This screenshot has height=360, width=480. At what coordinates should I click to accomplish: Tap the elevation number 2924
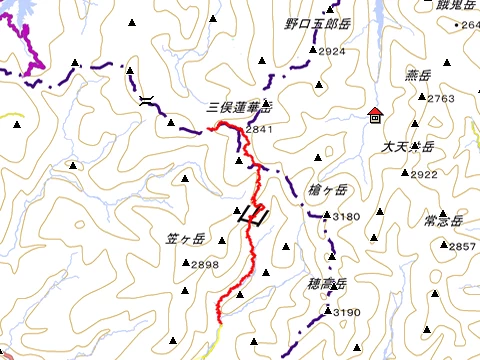(x=333, y=51)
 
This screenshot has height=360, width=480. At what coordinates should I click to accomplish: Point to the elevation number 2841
(x=258, y=129)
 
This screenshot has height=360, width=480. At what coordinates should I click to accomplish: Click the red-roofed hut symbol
(x=374, y=114)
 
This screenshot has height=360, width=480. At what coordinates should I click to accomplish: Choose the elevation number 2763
(x=441, y=98)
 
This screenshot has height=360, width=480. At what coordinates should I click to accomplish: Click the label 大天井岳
(x=407, y=147)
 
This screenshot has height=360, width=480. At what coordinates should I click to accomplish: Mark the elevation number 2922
(x=424, y=174)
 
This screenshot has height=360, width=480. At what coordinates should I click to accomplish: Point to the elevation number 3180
(x=346, y=216)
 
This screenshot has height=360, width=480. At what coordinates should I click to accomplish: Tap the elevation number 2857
(x=462, y=246)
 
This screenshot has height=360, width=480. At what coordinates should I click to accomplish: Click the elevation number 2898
(x=204, y=264)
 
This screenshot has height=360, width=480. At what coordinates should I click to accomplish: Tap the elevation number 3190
(x=346, y=313)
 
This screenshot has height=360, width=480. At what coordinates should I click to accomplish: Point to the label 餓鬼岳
(x=444, y=5)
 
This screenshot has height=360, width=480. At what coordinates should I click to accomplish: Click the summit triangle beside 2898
(x=187, y=264)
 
